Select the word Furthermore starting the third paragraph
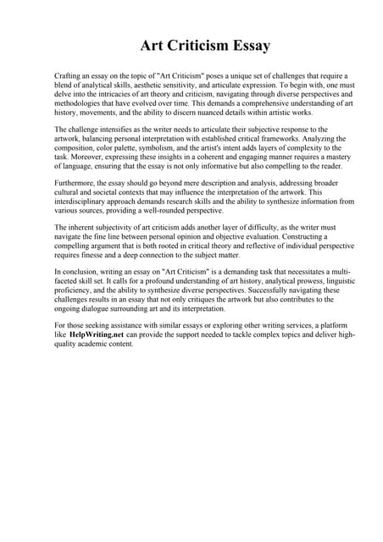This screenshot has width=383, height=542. (77, 181)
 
